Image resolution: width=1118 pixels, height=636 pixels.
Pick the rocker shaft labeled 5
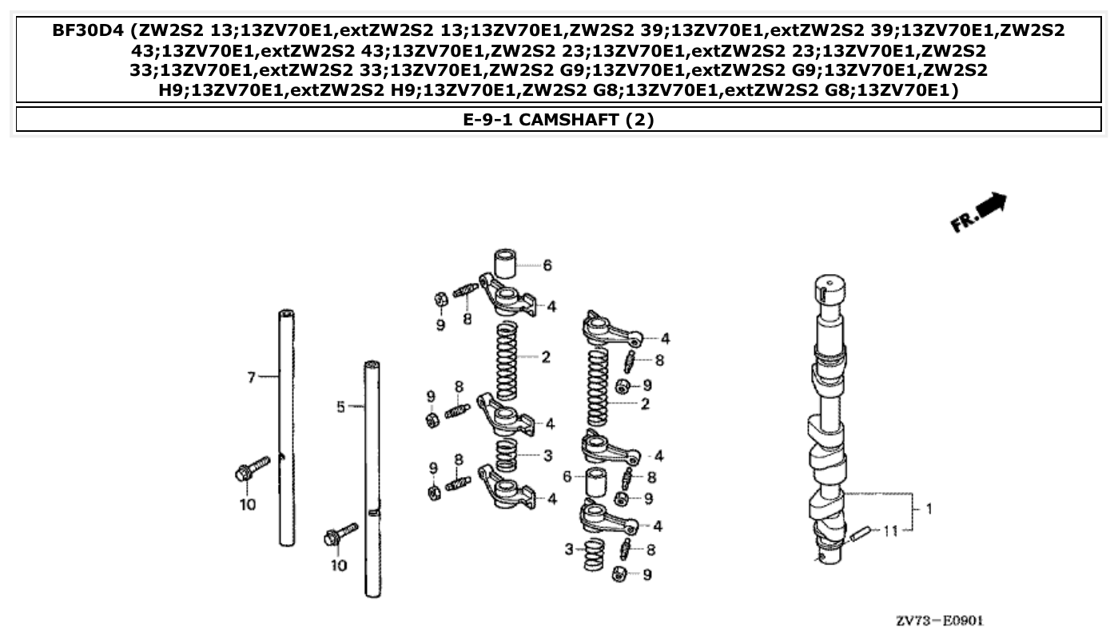point(372,479)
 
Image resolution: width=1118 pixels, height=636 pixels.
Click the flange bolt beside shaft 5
point(340,535)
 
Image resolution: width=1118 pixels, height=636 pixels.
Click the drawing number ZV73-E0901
point(939,621)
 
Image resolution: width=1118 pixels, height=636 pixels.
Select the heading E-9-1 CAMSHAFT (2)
point(559,120)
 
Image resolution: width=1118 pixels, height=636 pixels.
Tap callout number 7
point(251,376)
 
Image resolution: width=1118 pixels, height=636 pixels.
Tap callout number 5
point(340,407)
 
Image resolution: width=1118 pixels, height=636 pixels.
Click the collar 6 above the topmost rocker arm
point(503,263)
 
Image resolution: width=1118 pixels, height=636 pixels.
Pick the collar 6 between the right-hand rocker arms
point(597,483)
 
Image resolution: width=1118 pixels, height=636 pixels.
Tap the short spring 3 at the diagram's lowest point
point(593,555)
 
